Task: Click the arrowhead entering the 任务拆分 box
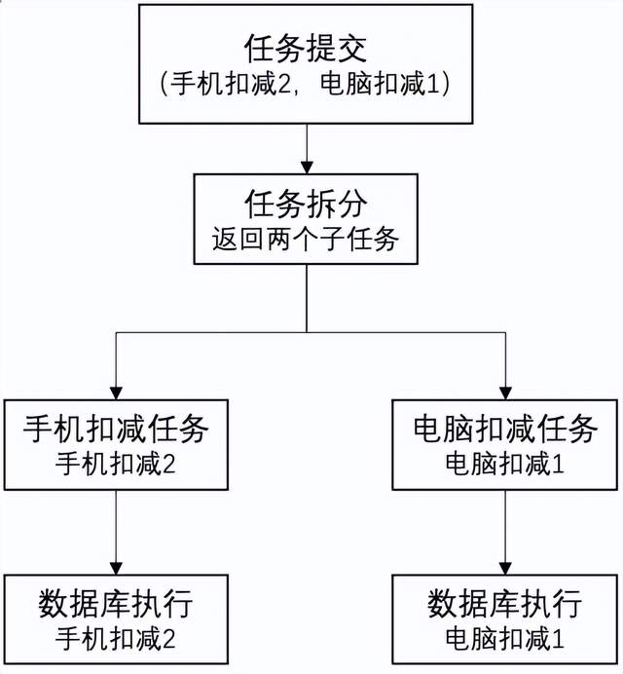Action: (x=307, y=168)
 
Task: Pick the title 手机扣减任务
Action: (x=116, y=427)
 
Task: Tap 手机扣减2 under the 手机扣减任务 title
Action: (x=116, y=463)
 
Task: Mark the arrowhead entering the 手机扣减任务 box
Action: (x=117, y=390)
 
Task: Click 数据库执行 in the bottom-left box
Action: (x=116, y=603)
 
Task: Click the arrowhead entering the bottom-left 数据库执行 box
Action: (x=117, y=568)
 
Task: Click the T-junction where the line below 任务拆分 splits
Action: (x=307, y=332)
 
